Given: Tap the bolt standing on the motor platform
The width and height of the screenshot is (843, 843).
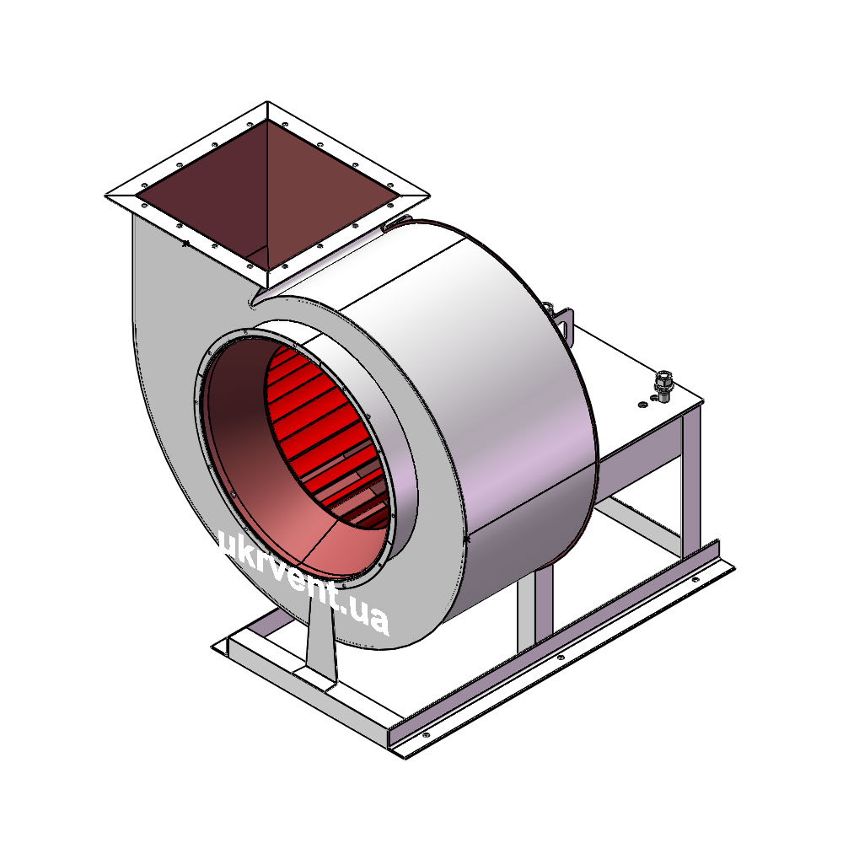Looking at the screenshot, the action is click(663, 385).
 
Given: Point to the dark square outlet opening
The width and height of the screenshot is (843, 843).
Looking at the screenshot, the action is click(267, 195).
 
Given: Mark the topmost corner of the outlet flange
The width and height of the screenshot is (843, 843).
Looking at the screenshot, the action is click(267, 102).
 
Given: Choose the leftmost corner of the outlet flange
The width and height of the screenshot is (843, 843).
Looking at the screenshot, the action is click(105, 196).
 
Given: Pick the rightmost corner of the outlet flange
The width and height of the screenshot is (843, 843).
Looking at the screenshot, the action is click(429, 196).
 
